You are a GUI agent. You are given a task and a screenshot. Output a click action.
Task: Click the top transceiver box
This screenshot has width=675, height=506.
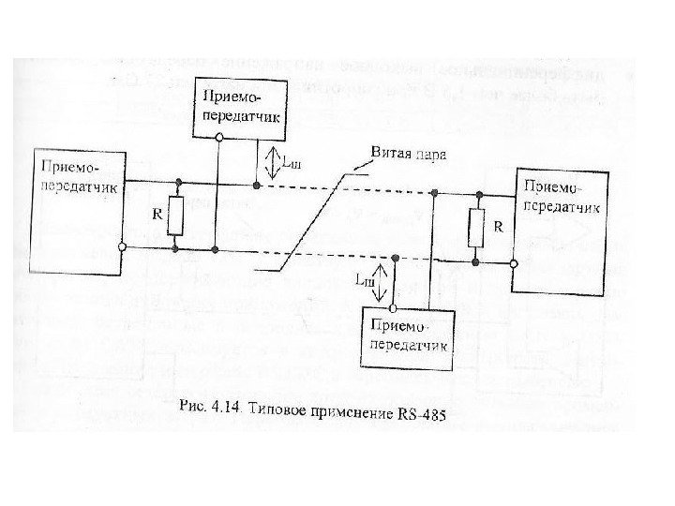(241, 106)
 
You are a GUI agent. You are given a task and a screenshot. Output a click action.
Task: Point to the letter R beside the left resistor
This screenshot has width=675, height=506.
(157, 214)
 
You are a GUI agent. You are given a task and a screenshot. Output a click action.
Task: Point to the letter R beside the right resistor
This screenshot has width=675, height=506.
(498, 227)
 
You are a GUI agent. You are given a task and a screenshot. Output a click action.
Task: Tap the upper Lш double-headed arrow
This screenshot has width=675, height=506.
(268, 161)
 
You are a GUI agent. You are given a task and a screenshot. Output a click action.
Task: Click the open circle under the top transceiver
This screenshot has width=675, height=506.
(218, 136)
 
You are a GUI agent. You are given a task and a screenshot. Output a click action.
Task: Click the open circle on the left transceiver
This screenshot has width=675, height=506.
(123, 247)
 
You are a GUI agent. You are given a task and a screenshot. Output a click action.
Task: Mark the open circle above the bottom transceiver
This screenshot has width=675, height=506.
(395, 306)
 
